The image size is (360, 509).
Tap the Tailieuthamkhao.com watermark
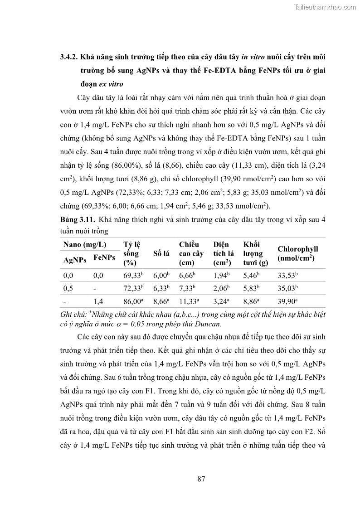tap(325, 7)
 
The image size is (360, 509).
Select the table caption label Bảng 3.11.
tap(78, 219)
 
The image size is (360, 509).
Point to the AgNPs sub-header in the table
tap(75, 260)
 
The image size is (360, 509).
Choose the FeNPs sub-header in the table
tap(104, 257)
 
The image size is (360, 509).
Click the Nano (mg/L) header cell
tap(84, 244)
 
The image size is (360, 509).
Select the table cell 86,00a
tap(133, 301)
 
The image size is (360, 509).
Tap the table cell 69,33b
tap(133, 275)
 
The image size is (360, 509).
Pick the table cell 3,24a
tap(222, 301)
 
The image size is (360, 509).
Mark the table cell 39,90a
tap(287, 301)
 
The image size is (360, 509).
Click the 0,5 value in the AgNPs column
tap(68, 288)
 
